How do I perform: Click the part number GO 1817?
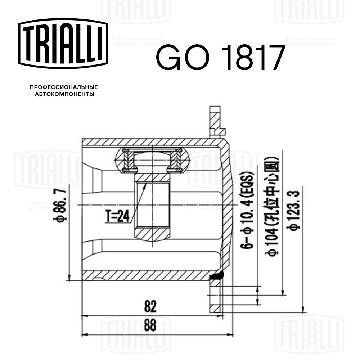[x=220, y=58]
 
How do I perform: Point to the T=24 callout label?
[x=117, y=217]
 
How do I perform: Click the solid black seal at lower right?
[x=217, y=276]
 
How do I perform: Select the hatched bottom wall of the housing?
[x=144, y=275]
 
